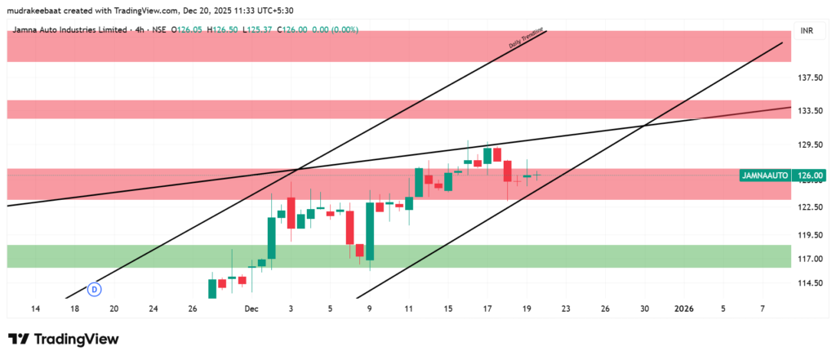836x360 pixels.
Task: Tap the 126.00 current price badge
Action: point(812,175)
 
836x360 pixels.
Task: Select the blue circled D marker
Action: point(95,288)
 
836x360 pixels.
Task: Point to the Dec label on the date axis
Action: point(251,309)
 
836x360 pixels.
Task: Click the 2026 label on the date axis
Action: point(683,309)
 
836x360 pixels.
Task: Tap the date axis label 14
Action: point(36,309)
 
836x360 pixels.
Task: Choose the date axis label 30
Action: point(644,309)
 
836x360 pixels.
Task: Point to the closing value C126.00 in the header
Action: point(291,30)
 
